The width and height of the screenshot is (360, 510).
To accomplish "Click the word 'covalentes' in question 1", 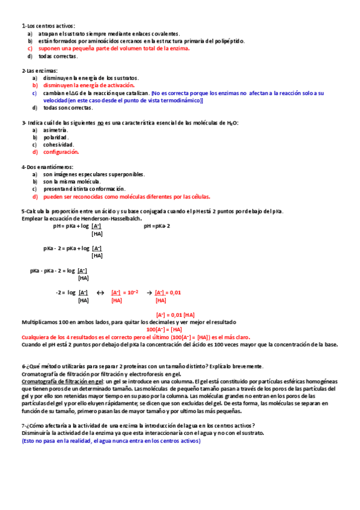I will tap(166, 34).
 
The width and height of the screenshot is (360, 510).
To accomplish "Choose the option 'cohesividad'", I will tap(58, 144).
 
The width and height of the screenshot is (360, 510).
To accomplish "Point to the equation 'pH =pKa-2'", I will tap(157, 226).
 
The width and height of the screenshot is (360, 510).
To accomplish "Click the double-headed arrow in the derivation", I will tap(100, 292).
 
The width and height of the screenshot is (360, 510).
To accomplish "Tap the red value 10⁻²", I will tap(132, 292).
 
